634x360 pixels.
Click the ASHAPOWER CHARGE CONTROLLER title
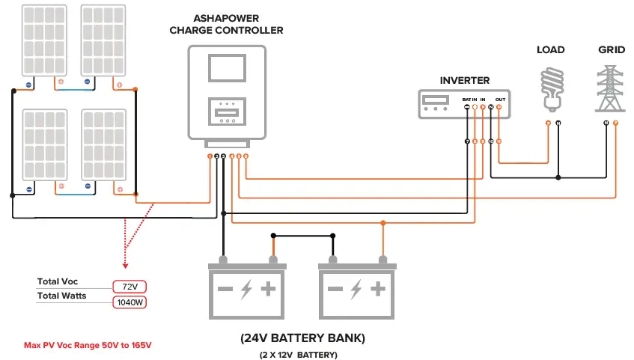click(x=227, y=24)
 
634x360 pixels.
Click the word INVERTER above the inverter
click(x=464, y=80)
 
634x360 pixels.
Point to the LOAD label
click(x=550, y=50)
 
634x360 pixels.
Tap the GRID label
click(x=611, y=50)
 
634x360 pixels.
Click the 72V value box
click(x=129, y=287)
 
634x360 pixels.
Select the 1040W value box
click(x=129, y=303)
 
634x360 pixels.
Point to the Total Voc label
click(x=58, y=282)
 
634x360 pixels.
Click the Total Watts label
click(x=61, y=296)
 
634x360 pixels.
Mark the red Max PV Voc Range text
click(x=88, y=346)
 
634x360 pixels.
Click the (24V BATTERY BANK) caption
click(x=302, y=338)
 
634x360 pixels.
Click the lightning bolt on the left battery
click(x=247, y=290)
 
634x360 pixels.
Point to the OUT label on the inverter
click(x=500, y=99)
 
